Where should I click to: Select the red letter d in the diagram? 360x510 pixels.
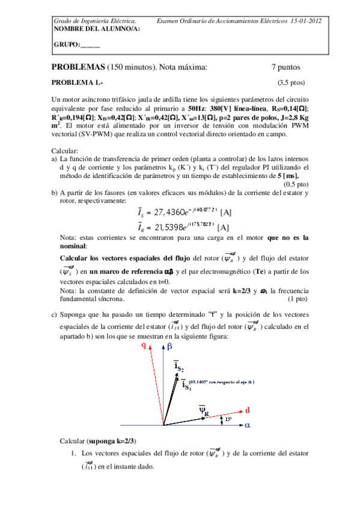(x=248, y=410)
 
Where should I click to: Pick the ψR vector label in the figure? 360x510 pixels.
(x=204, y=411)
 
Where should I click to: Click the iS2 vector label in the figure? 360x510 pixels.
(x=179, y=365)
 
